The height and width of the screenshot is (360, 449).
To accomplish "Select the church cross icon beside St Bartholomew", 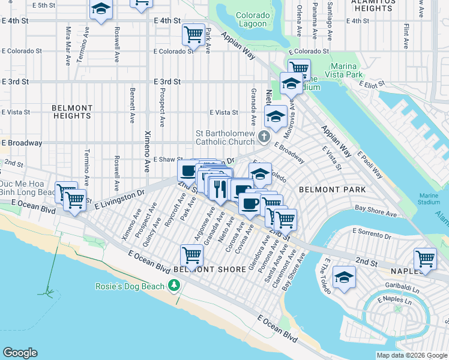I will [263, 138].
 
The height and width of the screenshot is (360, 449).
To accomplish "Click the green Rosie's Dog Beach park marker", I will [175, 286].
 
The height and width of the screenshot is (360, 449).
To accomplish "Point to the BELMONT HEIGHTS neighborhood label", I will [72, 112].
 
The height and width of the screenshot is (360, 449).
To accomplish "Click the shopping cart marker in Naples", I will [425, 259].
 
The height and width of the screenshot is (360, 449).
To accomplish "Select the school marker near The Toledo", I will [344, 277].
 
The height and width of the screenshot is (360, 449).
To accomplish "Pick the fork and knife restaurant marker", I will [220, 188].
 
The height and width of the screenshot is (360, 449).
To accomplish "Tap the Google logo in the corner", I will [20, 353].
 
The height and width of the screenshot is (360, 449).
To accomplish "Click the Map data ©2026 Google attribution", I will [411, 355].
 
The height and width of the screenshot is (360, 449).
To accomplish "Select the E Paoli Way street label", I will [369, 166].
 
